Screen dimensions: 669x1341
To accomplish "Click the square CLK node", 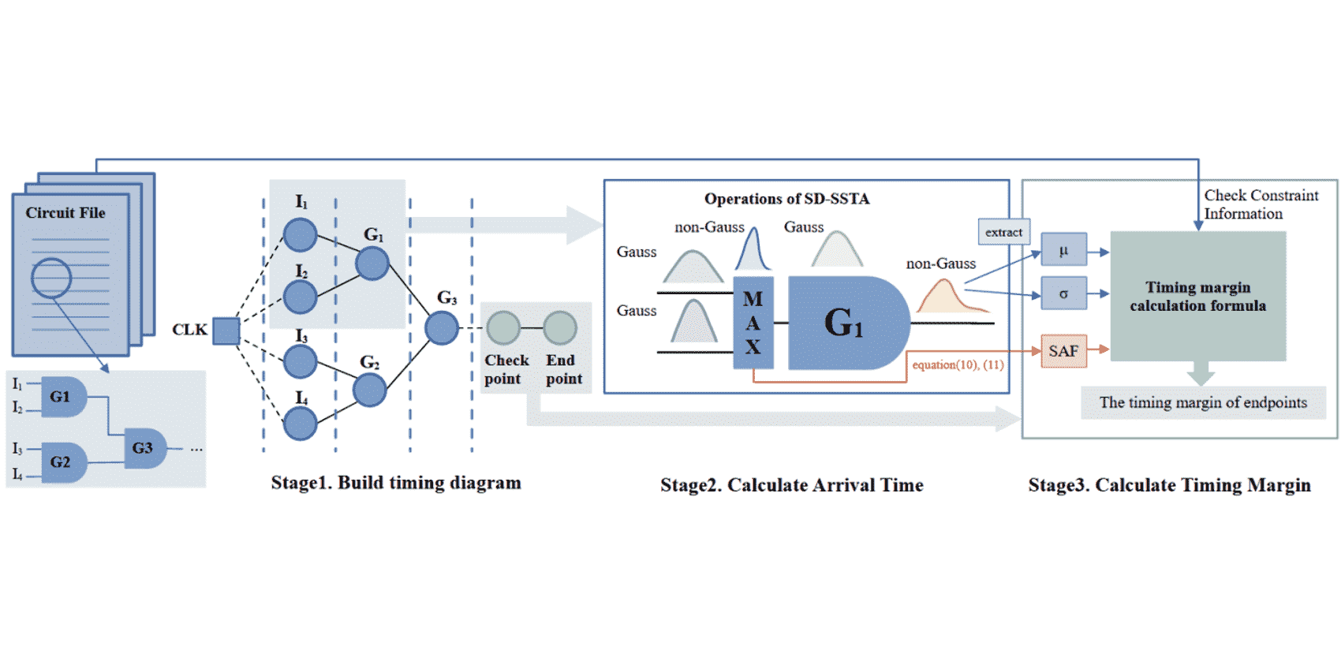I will [x=226, y=331].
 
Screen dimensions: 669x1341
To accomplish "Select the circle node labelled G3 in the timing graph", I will [x=441, y=328].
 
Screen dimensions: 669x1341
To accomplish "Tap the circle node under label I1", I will [x=300, y=235].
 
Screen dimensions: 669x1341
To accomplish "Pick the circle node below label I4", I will [x=300, y=424].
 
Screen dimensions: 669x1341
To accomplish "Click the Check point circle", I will [x=503, y=328].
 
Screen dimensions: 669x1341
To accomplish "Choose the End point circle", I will [x=560, y=328].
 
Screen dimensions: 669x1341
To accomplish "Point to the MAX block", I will [x=753, y=323].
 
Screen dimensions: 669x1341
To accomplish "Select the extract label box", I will [x=1003, y=232].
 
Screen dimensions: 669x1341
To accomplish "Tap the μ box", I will [x=1063, y=251].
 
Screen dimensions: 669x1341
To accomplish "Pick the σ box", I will [x=1063, y=293].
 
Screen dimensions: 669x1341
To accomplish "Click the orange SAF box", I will [x=1063, y=351].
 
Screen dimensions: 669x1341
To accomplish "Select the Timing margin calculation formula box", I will [x=1197, y=297].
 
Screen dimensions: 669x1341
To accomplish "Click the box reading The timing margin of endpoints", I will [x=1203, y=402].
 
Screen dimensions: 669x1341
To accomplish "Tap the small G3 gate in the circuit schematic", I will [x=144, y=448].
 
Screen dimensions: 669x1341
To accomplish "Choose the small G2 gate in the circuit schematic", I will [x=62, y=462].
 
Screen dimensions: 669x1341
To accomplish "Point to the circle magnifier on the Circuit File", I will [x=51, y=278].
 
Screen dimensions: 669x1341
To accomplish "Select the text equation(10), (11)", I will [x=958, y=364].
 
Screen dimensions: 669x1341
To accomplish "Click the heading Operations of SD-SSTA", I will [x=786, y=199].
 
